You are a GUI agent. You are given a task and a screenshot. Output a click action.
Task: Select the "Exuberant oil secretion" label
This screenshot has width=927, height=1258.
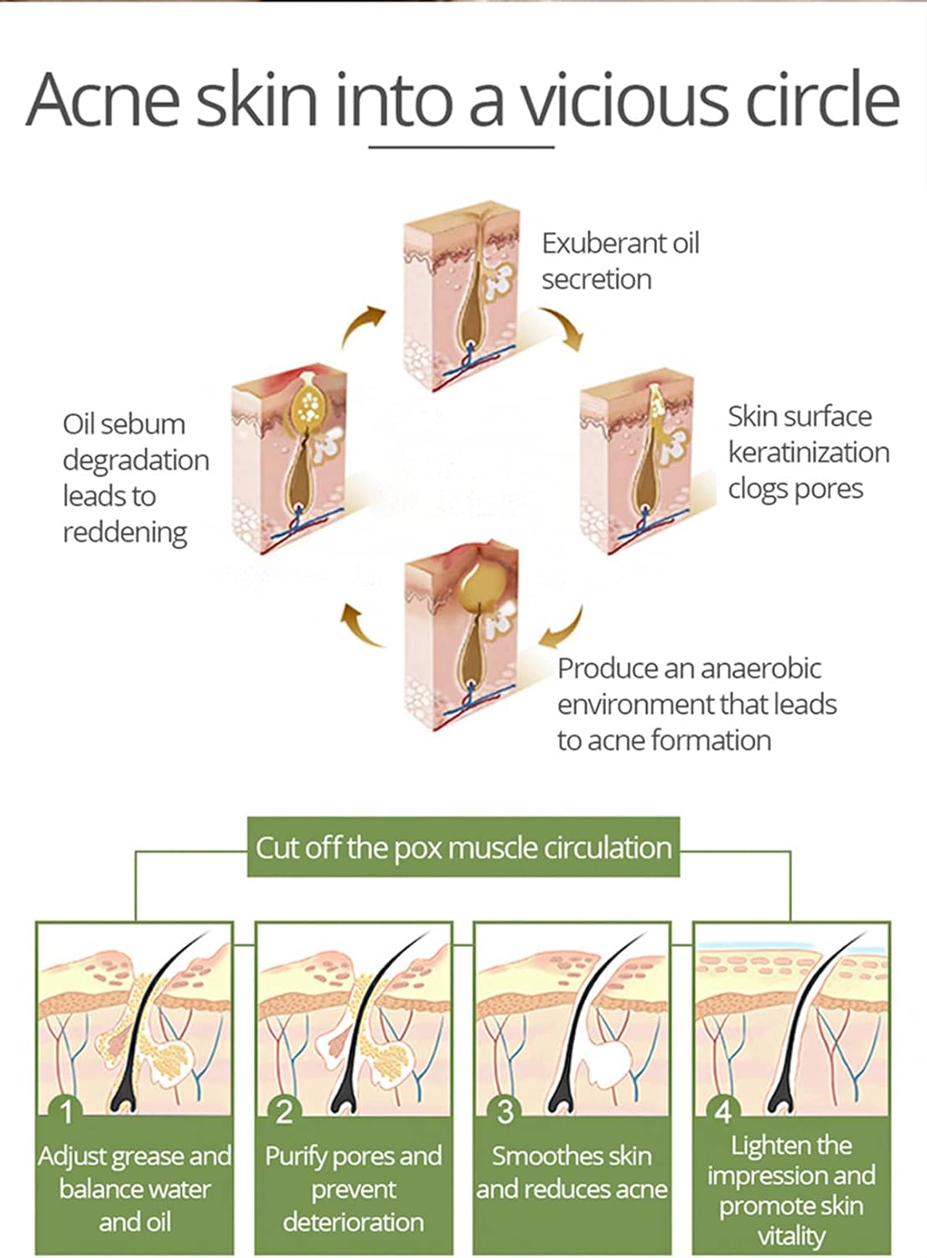[619, 261]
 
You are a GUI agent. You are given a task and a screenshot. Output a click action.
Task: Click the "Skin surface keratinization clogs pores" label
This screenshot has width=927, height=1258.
[808, 452]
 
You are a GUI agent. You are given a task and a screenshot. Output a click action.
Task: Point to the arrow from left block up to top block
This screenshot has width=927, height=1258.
[361, 326]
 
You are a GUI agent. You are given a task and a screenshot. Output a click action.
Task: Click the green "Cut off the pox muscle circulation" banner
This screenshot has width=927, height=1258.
[463, 848]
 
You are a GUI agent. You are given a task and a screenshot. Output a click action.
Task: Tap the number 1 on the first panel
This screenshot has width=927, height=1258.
[67, 1112]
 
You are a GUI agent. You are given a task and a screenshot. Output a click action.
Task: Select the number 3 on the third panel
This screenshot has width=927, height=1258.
[505, 1112]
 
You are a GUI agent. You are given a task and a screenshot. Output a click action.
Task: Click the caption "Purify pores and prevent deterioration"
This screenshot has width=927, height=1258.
[354, 1188]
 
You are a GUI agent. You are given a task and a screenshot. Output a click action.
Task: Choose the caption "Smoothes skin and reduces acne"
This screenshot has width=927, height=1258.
[572, 1172]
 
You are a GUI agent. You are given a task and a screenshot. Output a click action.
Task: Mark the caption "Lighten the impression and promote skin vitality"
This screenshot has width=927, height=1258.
[791, 1189]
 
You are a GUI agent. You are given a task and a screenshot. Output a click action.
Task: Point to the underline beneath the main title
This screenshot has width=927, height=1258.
[462, 148]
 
